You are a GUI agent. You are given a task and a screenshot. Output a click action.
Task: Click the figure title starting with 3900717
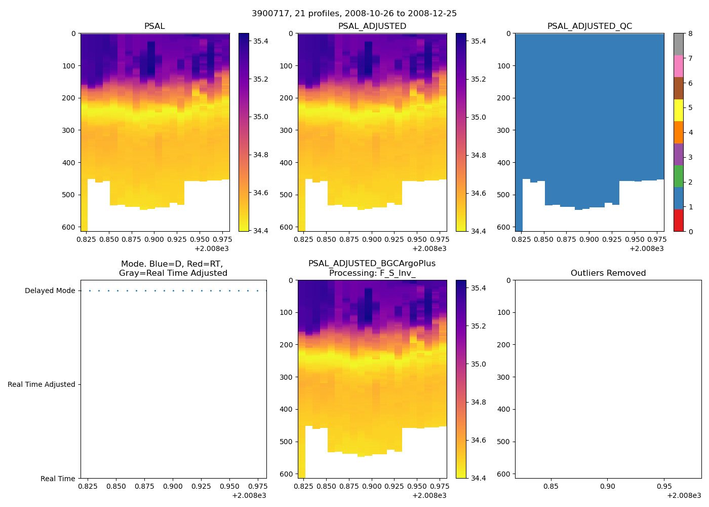pyautogui.click(x=354, y=13)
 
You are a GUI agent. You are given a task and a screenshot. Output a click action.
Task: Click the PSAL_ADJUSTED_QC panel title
pyautogui.click(x=589, y=26)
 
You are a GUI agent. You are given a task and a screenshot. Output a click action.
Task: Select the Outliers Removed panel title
pyautogui.click(x=608, y=273)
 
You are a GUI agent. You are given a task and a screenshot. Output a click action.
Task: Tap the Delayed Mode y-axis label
pyautogui.click(x=50, y=291)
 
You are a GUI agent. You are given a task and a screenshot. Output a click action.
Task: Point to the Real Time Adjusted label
pyautogui.click(x=41, y=385)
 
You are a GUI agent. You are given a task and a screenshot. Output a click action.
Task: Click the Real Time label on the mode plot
pyautogui.click(x=58, y=479)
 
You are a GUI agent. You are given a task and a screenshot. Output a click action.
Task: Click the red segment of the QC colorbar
pyautogui.click(x=678, y=221)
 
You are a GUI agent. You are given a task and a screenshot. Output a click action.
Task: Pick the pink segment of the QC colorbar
pyautogui.click(x=678, y=66)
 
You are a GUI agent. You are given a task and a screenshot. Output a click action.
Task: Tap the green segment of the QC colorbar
pyautogui.click(x=678, y=176)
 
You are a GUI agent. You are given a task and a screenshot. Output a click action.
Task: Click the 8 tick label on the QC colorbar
pyautogui.click(x=690, y=34)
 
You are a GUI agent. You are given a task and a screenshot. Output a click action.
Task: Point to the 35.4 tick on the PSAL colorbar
pyautogui.click(x=261, y=41)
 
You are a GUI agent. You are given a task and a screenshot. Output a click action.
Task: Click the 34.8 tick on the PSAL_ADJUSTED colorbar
pyautogui.click(x=479, y=155)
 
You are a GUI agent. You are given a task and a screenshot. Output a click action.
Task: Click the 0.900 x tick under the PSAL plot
pyautogui.click(x=154, y=239)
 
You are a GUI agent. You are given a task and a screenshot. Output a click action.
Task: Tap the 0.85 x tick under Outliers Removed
pyautogui.click(x=551, y=486)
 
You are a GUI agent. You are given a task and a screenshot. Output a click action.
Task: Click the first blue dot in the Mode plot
pyautogui.click(x=90, y=291)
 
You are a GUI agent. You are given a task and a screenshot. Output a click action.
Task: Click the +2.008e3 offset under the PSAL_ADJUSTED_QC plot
pyautogui.click(x=646, y=249)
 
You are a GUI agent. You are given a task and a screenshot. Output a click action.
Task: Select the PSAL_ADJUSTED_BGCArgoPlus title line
pyautogui.click(x=372, y=264)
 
